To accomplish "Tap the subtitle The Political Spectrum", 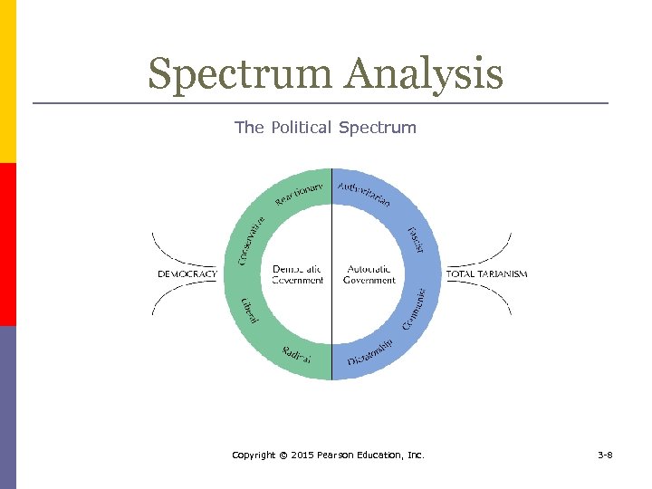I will coord(325,128).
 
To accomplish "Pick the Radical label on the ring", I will coord(295,354).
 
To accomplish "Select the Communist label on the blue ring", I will coord(414,309).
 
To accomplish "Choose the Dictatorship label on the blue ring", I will coord(370,352).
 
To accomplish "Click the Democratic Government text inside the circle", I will coord(297,274).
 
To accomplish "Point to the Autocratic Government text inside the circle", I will coord(369,274).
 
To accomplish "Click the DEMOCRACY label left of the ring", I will coord(187,273).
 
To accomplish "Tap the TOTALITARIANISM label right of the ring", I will coord(486,273).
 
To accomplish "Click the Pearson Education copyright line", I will coord(328,455).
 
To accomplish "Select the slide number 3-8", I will coord(605,455).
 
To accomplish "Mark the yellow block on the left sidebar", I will coord(7,81).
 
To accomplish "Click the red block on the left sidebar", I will coord(7,244).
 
